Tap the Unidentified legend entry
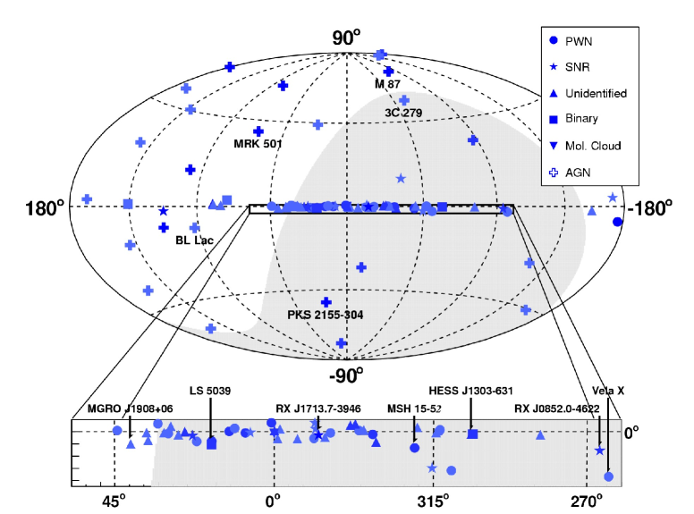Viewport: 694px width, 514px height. [x=595, y=93]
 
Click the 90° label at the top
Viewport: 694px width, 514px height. [x=346, y=37]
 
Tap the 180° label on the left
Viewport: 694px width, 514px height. [x=45, y=208]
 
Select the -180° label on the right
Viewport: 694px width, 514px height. [x=650, y=208]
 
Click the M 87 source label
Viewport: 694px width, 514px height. [x=387, y=84]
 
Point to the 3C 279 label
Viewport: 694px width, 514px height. [x=403, y=114]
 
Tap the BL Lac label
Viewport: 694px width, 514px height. [x=195, y=240]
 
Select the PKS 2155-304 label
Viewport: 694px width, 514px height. [x=325, y=315]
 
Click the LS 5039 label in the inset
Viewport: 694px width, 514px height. [x=211, y=391]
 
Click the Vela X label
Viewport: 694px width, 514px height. [x=608, y=391]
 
